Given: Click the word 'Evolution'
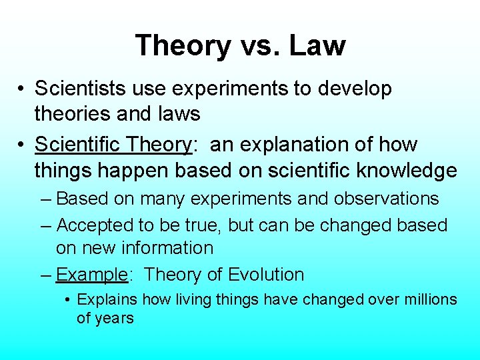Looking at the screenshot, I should (266, 275).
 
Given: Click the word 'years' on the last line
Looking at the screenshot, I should (114, 318).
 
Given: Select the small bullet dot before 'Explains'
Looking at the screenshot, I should (69, 300).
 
